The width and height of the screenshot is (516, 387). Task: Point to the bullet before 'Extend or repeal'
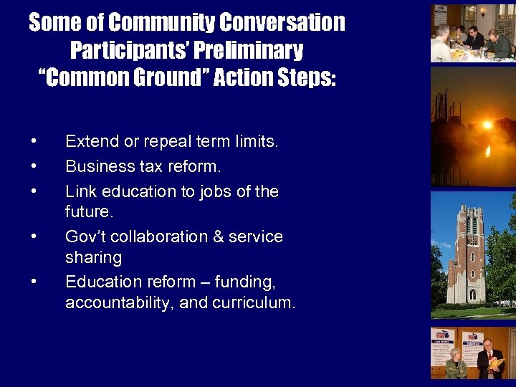pyautogui.click(x=34, y=142)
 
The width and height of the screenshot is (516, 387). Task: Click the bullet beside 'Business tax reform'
pyautogui.click(x=34, y=167)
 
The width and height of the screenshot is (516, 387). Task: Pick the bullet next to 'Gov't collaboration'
pyautogui.click(x=34, y=236)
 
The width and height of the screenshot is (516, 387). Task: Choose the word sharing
pyautogui.click(x=93, y=257)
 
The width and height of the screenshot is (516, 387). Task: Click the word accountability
pyautogui.click(x=119, y=302)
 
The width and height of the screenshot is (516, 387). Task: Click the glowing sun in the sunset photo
pyautogui.click(x=487, y=125)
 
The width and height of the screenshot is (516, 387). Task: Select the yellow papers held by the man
pyautogui.click(x=497, y=363)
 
